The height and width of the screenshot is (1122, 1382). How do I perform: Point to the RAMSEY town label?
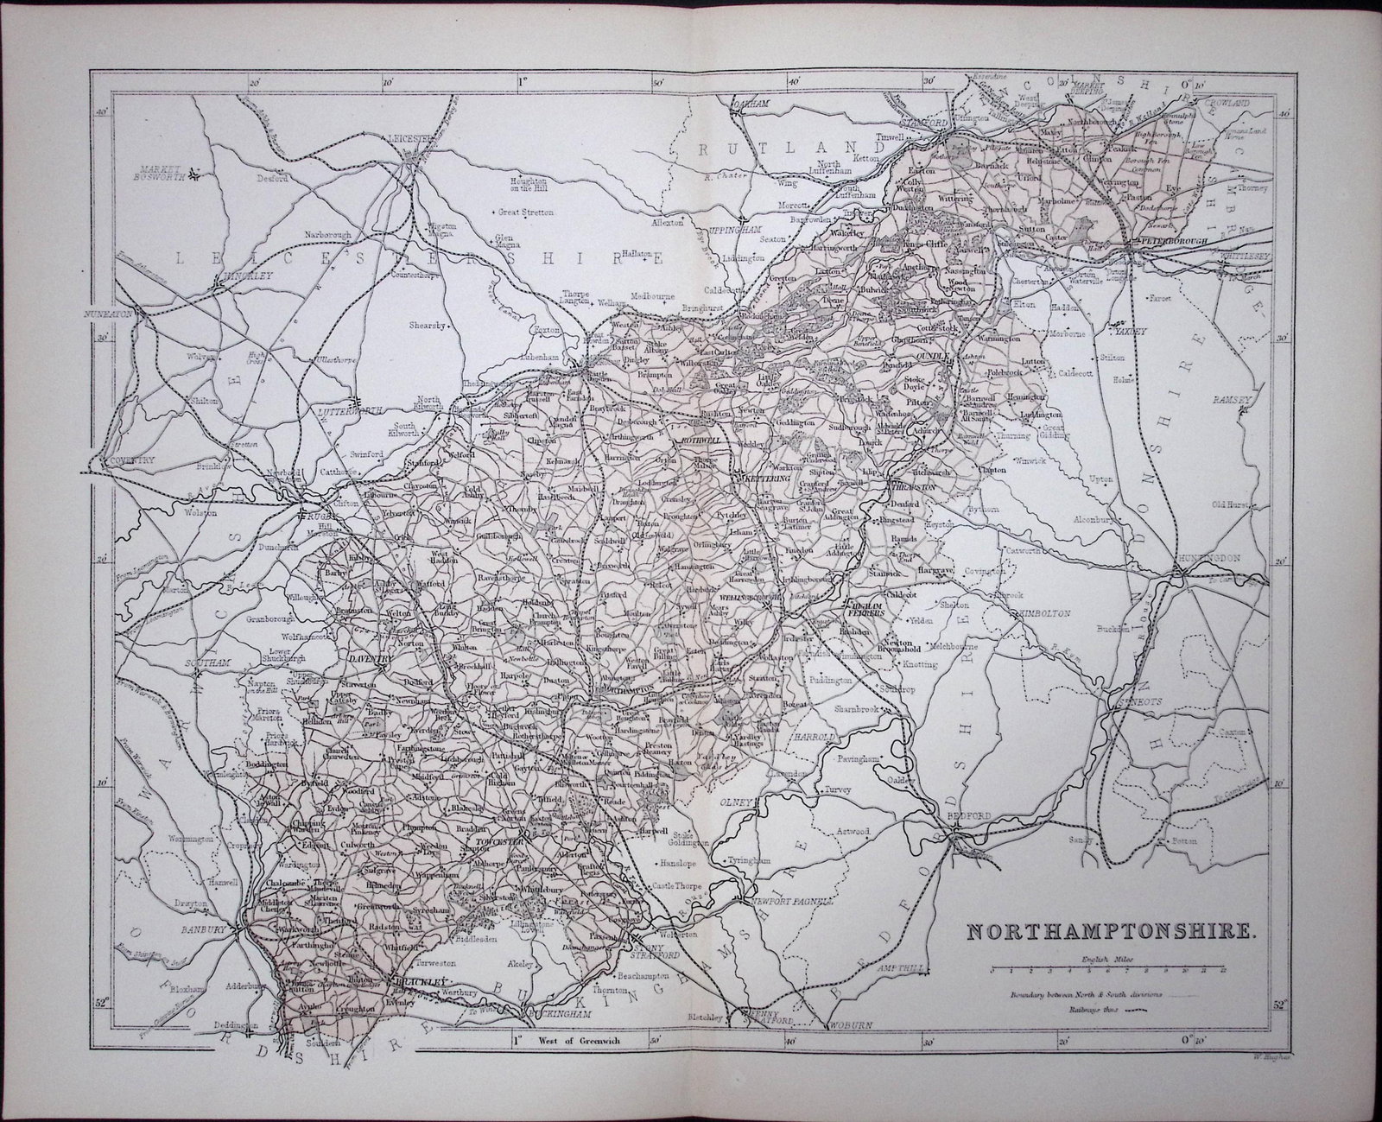coord(1241,400)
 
